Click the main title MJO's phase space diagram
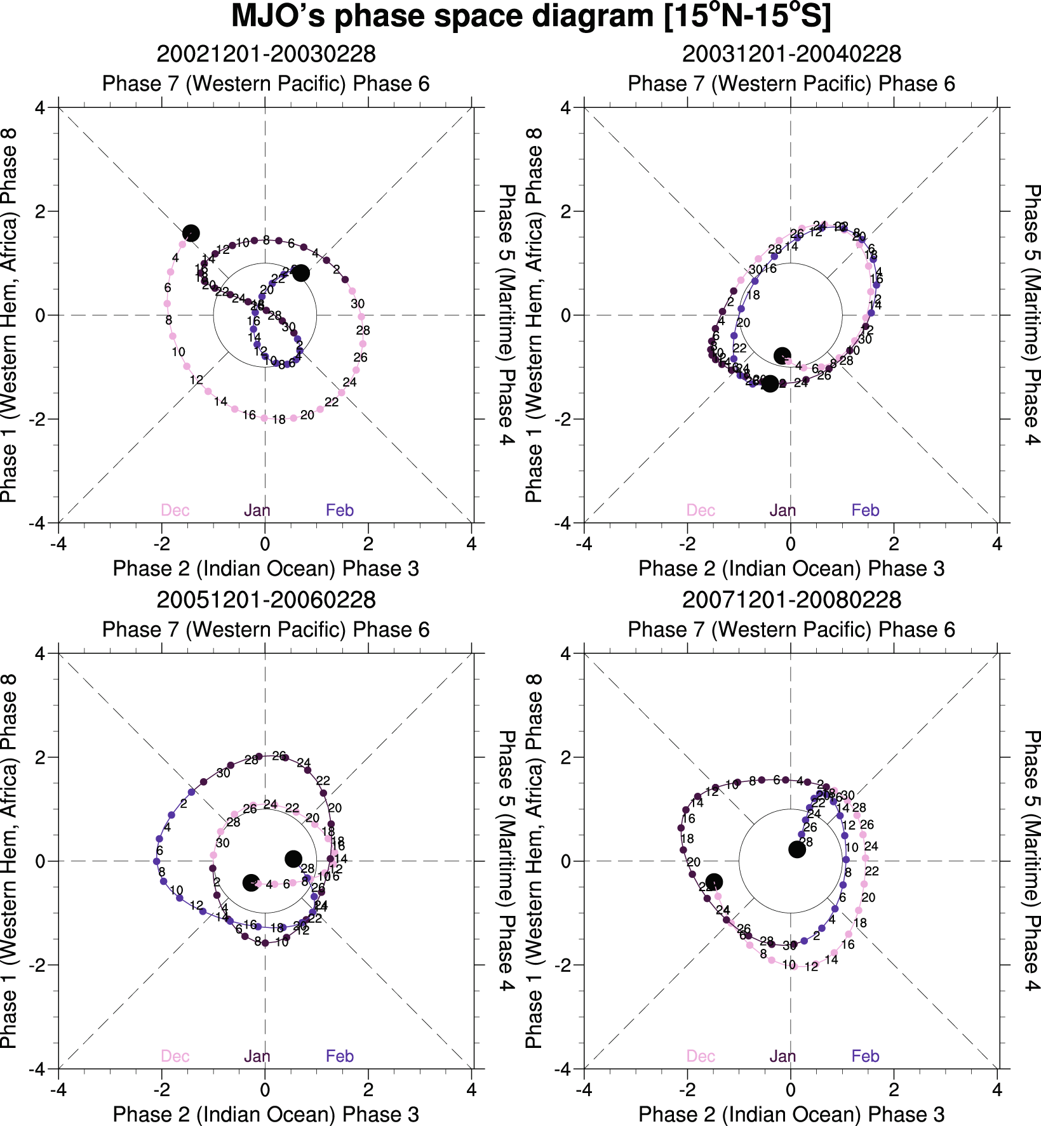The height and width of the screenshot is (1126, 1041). pyautogui.click(x=531, y=17)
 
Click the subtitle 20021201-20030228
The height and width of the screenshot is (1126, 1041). pyautogui.click(x=266, y=54)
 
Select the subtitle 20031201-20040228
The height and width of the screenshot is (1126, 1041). pyautogui.click(x=791, y=54)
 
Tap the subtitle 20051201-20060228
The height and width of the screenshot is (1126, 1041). pyautogui.click(x=266, y=600)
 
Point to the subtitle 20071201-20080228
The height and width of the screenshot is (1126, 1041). pyautogui.click(x=791, y=600)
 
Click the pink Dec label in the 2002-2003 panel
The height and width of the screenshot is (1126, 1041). pyautogui.click(x=175, y=510)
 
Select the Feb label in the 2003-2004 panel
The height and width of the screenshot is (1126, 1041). pyautogui.click(x=865, y=510)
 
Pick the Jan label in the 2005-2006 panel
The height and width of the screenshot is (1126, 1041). pyautogui.click(x=257, y=1056)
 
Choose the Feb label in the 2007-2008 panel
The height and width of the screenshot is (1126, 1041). pyautogui.click(x=865, y=1056)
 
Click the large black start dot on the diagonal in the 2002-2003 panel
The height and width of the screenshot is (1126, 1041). pyautogui.click(x=191, y=234)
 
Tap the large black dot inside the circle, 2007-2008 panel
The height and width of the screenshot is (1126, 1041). pyautogui.click(x=796, y=849)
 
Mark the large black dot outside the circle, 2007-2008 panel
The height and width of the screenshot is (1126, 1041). pyautogui.click(x=714, y=882)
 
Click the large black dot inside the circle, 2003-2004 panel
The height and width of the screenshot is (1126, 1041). pyautogui.click(x=782, y=355)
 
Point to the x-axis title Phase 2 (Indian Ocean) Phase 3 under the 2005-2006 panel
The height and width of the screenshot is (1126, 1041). pyautogui.click(x=266, y=1114)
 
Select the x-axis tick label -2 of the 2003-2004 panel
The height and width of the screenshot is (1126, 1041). pyautogui.click(x=687, y=544)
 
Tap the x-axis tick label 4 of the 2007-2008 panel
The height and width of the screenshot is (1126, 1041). pyautogui.click(x=997, y=1090)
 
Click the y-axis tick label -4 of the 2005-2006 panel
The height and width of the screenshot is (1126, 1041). pyautogui.click(x=37, y=1069)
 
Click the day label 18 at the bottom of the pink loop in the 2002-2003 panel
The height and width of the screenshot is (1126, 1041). pyautogui.click(x=279, y=420)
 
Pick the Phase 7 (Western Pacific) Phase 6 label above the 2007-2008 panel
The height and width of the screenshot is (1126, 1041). pyautogui.click(x=791, y=630)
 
